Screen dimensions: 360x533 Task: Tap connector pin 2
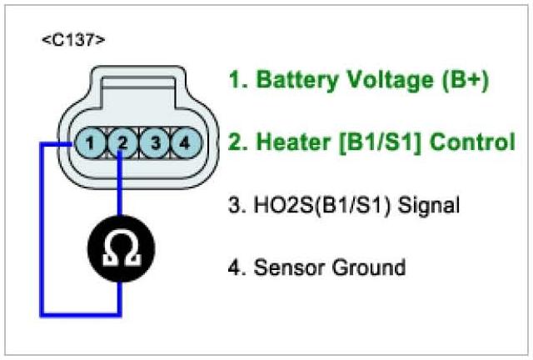click(122, 143)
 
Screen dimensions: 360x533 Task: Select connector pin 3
click(153, 143)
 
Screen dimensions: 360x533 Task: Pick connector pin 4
click(184, 143)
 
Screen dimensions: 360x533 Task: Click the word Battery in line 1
click(292, 80)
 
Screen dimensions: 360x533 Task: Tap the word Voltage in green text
click(379, 80)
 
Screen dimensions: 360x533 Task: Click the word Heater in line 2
click(287, 142)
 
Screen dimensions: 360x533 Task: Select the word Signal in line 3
click(425, 204)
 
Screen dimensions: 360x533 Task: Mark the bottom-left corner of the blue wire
click(41, 314)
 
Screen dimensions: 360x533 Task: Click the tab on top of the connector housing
click(137, 83)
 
